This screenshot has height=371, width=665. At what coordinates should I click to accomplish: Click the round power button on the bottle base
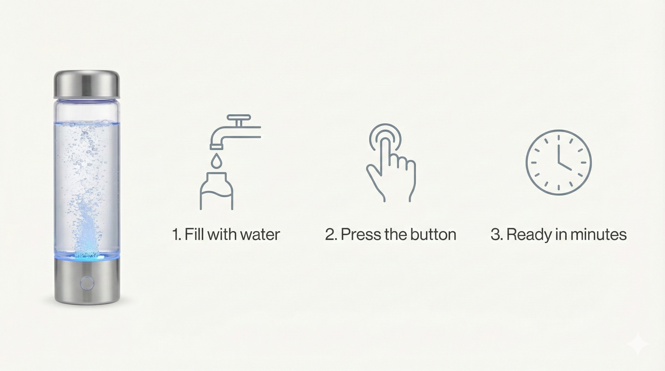click(x=87, y=283)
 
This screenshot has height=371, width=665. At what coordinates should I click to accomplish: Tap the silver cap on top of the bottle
click(x=87, y=84)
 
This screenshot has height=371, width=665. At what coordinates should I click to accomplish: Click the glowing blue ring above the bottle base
click(x=87, y=256)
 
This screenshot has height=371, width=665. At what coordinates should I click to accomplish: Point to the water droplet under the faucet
click(x=216, y=161)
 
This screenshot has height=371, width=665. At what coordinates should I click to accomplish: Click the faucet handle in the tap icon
click(x=239, y=118)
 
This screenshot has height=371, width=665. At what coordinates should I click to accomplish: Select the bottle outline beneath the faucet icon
click(x=216, y=191)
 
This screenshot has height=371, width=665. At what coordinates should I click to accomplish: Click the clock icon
click(x=558, y=162)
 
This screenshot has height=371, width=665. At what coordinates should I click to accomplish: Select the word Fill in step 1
click(x=194, y=234)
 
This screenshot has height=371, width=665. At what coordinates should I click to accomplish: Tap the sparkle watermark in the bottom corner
click(x=638, y=344)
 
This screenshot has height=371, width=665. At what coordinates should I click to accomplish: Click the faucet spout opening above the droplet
click(x=216, y=147)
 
